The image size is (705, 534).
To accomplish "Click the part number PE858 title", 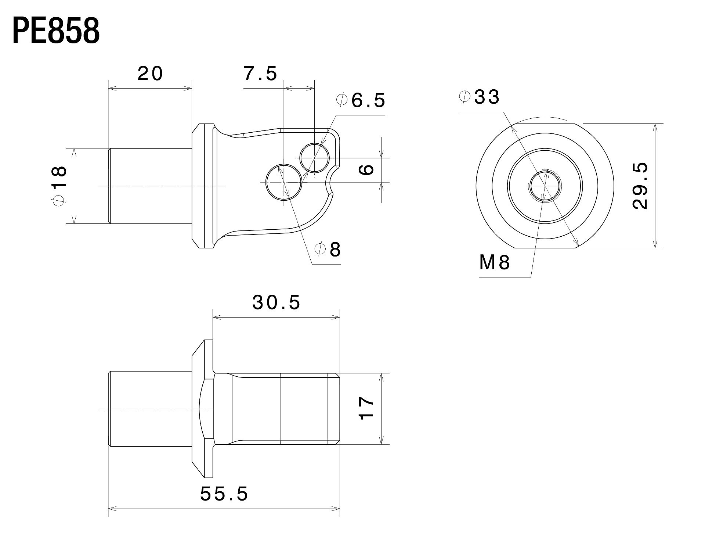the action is [56, 31].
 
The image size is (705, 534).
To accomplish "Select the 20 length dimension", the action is [150, 74].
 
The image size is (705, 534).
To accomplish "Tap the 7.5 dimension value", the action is [261, 74].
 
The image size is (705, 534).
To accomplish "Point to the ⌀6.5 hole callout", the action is [361, 100].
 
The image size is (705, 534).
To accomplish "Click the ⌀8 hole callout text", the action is [328, 250].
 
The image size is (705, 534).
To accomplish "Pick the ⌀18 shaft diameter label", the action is [60, 186].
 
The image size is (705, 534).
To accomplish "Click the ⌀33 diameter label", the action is [479, 97].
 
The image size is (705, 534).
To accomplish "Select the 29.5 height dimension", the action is [641, 186].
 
